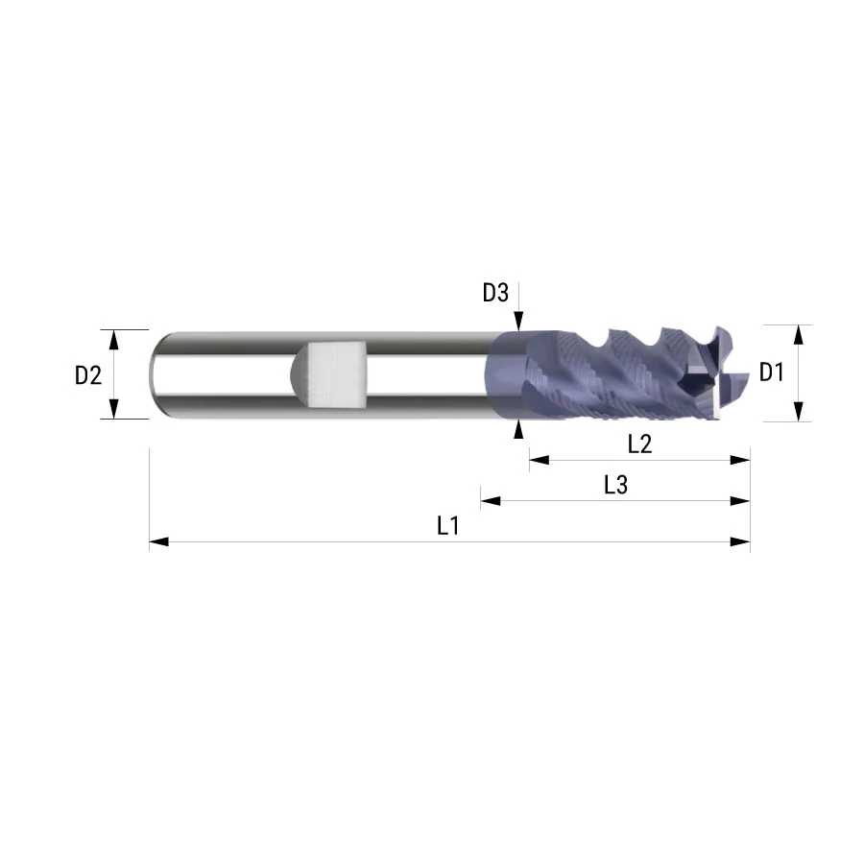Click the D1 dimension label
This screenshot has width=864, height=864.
(x=771, y=372)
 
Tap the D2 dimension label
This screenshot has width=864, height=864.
(x=88, y=375)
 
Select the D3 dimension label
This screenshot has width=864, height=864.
(x=495, y=293)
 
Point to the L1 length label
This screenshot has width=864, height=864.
(x=448, y=526)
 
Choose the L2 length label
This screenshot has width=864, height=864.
(x=639, y=444)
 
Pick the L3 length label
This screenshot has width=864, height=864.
(x=615, y=485)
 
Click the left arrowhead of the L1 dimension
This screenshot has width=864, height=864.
(x=158, y=542)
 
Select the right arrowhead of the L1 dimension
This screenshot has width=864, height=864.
(x=740, y=542)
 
